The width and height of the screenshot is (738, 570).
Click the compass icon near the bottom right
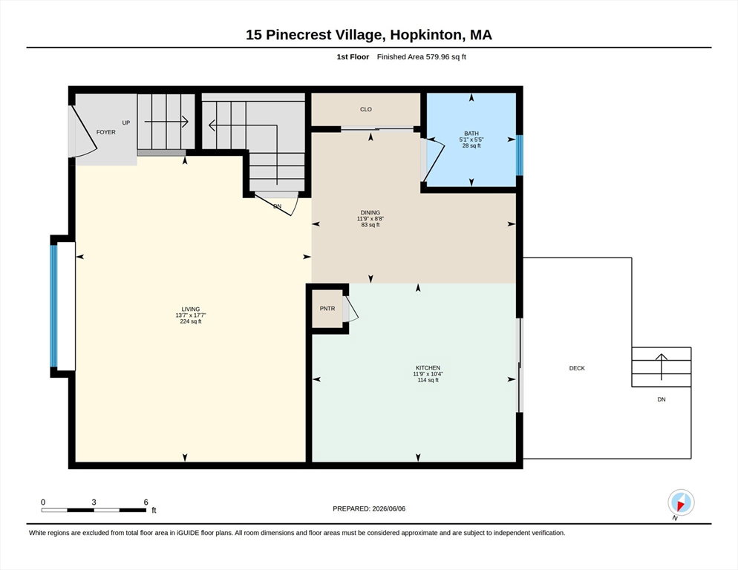681,502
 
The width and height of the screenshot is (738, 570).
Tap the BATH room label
471,133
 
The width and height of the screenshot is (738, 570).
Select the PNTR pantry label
327,309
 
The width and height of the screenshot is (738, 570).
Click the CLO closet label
366,109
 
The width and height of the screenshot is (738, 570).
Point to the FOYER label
106,132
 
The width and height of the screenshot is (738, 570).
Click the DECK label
577,368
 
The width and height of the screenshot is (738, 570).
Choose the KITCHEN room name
428,367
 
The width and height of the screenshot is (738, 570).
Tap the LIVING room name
191,309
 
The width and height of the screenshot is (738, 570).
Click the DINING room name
370,213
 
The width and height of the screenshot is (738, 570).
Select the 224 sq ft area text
191,321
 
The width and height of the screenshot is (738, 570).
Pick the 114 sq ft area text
428,380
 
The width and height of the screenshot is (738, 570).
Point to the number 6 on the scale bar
146,502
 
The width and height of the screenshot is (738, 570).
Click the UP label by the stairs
126,123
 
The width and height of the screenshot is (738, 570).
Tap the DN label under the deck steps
662,399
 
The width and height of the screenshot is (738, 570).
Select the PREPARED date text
369,509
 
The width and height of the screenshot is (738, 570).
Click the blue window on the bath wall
520,155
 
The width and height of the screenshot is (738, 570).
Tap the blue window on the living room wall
53,306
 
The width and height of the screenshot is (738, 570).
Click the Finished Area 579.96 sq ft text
421,57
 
